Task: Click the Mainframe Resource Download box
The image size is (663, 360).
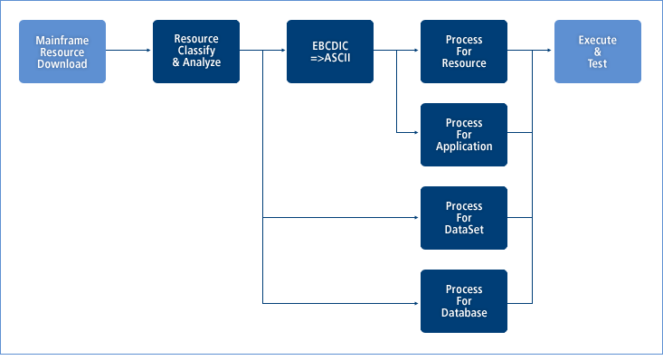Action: click(62, 52)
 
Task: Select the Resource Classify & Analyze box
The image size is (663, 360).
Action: click(196, 52)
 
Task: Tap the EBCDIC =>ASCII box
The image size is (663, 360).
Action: click(330, 52)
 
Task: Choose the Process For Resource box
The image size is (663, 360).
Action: click(464, 52)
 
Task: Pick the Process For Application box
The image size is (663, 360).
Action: click(464, 135)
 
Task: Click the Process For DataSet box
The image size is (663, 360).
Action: click(464, 218)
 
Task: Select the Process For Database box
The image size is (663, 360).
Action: click(464, 301)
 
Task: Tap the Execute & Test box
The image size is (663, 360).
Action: click(598, 52)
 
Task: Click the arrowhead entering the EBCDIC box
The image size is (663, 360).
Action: click(282, 52)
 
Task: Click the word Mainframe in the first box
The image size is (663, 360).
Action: click(62, 41)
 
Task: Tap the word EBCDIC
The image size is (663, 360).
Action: click(330, 45)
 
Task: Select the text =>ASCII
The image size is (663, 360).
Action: click(330, 58)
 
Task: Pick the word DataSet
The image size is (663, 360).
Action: click(464, 230)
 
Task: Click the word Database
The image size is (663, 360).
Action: click(464, 313)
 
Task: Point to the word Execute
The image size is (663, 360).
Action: click(598, 41)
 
